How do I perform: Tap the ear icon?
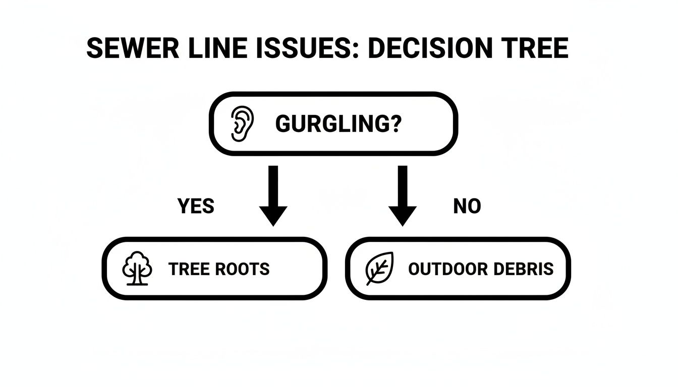(x=242, y=123)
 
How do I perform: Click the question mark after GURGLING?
(x=394, y=124)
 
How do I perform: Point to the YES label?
(x=196, y=206)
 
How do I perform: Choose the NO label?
(x=467, y=206)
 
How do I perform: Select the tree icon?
(x=137, y=269)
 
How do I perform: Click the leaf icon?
(x=379, y=269)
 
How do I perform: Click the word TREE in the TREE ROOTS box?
(x=189, y=269)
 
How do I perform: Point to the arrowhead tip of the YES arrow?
(x=273, y=225)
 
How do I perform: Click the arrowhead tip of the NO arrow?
(x=402, y=225)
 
